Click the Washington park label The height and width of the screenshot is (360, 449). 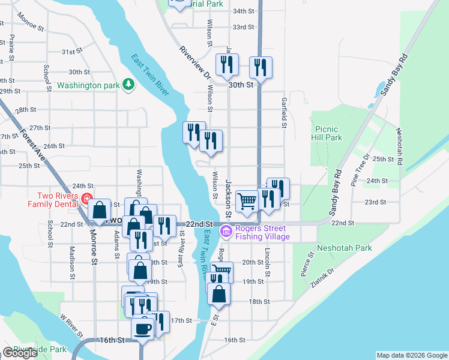88,85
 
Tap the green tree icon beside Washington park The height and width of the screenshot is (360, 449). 127,85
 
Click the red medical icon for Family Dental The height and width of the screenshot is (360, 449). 87,199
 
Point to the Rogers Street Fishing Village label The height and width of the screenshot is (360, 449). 263,232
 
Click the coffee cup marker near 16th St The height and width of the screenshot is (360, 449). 143,328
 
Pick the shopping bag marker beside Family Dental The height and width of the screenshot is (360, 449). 100,210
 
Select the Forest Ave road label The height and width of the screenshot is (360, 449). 33,145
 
